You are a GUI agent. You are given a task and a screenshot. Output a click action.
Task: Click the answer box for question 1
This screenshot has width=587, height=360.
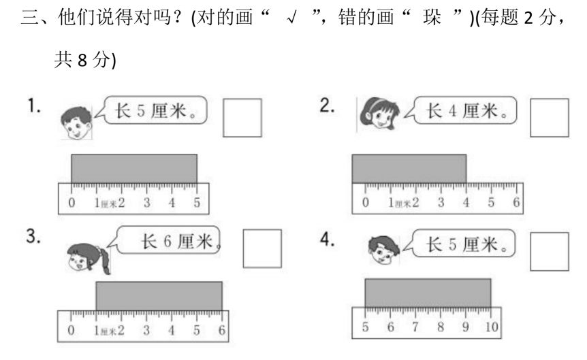point(242,118)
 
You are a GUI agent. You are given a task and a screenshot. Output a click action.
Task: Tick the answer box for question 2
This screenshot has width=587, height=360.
point(549,118)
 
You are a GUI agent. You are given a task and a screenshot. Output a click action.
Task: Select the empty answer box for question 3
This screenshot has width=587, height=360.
point(262,249)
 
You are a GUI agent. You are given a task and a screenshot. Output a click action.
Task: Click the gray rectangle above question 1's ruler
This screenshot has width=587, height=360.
point(134,168)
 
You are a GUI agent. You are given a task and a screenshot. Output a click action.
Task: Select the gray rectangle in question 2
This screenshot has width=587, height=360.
point(409,169)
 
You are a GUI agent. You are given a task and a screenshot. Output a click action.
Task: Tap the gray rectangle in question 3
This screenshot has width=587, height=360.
point(159,296)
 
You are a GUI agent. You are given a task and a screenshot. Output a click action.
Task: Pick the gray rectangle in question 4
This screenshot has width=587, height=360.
point(428,293)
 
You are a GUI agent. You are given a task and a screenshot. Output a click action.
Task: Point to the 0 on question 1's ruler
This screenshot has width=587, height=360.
point(72,203)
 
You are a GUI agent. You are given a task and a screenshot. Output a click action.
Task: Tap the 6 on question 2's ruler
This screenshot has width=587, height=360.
point(516,203)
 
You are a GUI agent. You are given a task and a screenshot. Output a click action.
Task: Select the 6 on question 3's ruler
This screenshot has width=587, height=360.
point(222,331)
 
